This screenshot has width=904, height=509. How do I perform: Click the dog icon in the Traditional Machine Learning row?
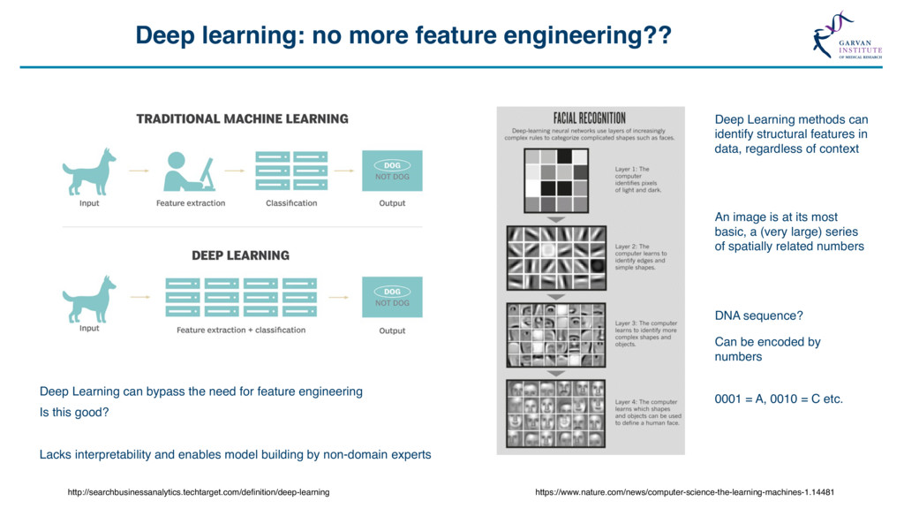(89, 171)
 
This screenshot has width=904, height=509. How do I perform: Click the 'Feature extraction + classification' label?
(241, 330)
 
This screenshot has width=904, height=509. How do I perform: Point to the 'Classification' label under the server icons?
(291, 203)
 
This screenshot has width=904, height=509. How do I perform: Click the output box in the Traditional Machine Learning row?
(392, 171)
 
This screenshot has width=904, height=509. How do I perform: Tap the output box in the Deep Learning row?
(392, 298)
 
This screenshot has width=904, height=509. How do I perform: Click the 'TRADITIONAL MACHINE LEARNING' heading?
(242, 118)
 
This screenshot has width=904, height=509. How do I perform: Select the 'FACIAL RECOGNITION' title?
(590, 118)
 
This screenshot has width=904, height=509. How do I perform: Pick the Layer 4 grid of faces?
(556, 414)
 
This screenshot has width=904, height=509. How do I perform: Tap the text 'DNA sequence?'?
(758, 315)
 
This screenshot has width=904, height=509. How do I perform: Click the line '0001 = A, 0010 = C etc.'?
(779, 399)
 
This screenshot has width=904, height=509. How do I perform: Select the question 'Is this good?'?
(74, 412)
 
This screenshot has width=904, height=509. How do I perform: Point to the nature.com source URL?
(684, 492)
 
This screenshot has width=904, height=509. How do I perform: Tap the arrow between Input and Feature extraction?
(138, 171)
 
